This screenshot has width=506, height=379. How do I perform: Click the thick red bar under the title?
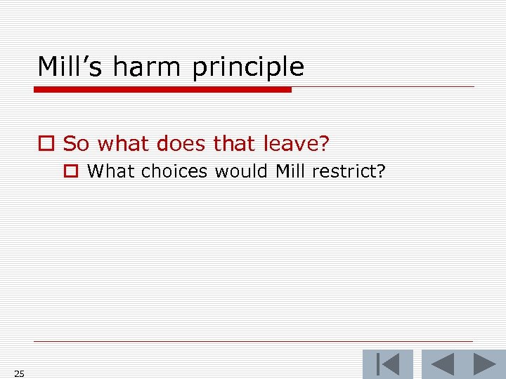pos(163,90)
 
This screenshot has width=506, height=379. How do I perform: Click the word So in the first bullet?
pos(77,143)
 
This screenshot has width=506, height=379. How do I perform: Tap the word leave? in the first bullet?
pos(296,143)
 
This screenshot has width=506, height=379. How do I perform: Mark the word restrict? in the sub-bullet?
pos(350,171)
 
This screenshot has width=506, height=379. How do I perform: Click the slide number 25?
pos(19,373)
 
